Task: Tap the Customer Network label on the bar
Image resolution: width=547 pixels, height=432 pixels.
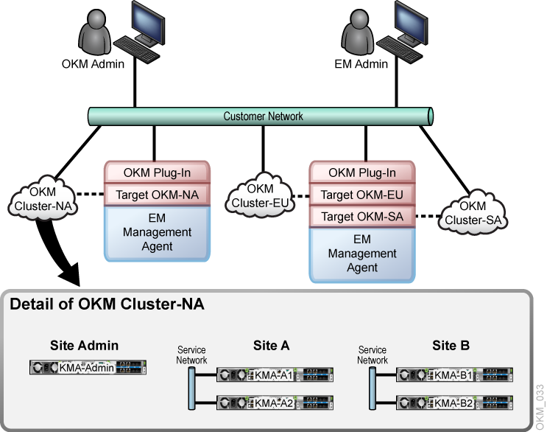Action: (x=263, y=116)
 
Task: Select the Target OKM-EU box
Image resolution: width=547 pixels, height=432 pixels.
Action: (x=361, y=195)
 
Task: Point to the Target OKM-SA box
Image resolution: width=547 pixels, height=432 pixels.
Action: (x=361, y=216)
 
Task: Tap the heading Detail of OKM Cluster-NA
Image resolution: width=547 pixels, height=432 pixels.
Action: (x=106, y=304)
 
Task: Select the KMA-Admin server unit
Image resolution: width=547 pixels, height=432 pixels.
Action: (x=88, y=367)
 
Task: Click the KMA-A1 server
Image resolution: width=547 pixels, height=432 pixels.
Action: (x=273, y=375)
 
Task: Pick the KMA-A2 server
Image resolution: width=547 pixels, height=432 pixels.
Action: (x=273, y=403)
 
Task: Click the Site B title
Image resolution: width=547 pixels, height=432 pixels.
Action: (x=451, y=345)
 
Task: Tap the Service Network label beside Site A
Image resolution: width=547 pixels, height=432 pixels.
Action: (x=192, y=355)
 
